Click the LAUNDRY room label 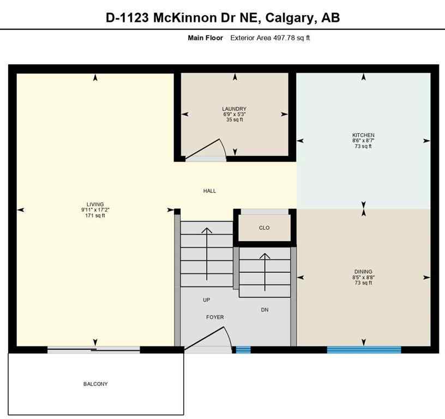pos(234,109)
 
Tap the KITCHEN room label pos(363,135)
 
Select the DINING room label pos(363,271)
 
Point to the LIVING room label pos(95,204)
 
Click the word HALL pos(209,191)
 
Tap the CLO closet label pos(264,228)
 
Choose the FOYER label pos(215,317)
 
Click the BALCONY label pos(95,384)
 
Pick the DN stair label pos(264,310)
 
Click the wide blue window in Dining pos(364,350)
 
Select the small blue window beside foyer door pos(243,350)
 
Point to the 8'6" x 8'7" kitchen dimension pos(363,141)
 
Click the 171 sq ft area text pos(95,216)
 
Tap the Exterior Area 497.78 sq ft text pos(270,38)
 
